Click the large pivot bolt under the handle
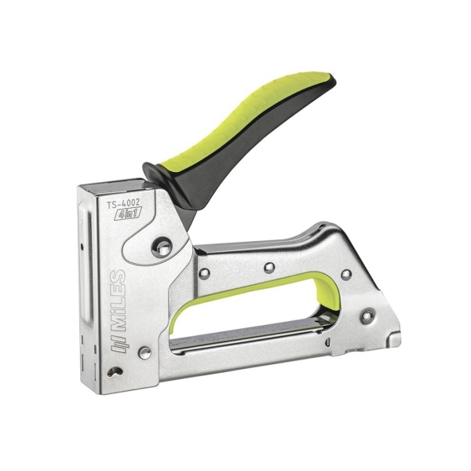[x=162, y=248]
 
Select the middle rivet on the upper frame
[x=268, y=267]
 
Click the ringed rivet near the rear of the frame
[x=365, y=317]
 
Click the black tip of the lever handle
[x=326, y=81]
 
